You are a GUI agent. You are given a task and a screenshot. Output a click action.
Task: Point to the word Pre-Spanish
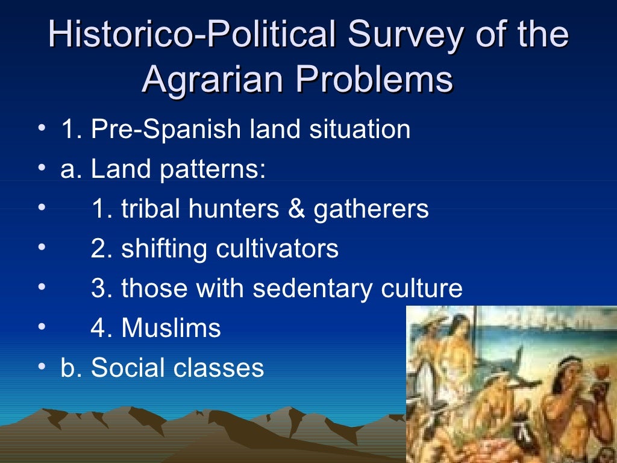tap(166, 130)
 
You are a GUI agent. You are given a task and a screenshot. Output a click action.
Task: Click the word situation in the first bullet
tap(360, 130)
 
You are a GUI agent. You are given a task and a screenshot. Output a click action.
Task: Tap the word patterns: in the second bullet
tap(212, 170)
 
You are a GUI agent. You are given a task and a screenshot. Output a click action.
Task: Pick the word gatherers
tap(371, 209)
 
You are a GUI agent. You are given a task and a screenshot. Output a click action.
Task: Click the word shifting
tap(158, 249)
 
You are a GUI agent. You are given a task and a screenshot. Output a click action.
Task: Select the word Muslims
tap(171, 329)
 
